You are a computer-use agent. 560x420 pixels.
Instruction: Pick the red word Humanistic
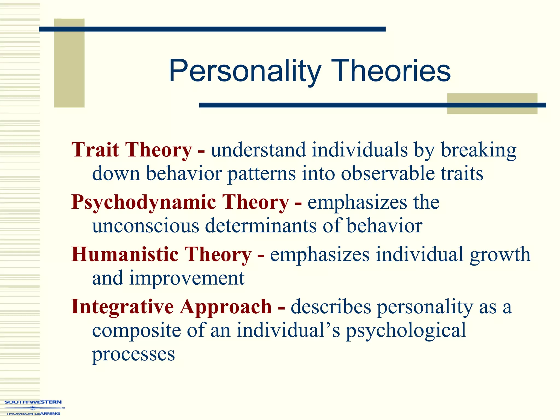coord(125,254)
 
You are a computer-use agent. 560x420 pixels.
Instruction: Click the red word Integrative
coord(122,307)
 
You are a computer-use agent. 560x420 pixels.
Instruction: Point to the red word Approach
coord(226,307)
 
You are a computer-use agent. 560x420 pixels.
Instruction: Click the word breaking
coord(479,150)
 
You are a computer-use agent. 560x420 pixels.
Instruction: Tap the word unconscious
coord(146,226)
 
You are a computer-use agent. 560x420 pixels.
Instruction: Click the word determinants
coord(261,226)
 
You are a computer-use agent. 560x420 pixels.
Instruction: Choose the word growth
coord(500,255)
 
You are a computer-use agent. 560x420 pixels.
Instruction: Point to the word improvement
coord(187,278)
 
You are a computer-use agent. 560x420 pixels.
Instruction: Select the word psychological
coord(406,330)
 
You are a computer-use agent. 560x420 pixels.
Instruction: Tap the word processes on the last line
coord(133,354)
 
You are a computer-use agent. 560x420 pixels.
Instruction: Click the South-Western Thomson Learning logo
coord(33,407)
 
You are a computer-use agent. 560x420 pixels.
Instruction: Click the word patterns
coord(262,174)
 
